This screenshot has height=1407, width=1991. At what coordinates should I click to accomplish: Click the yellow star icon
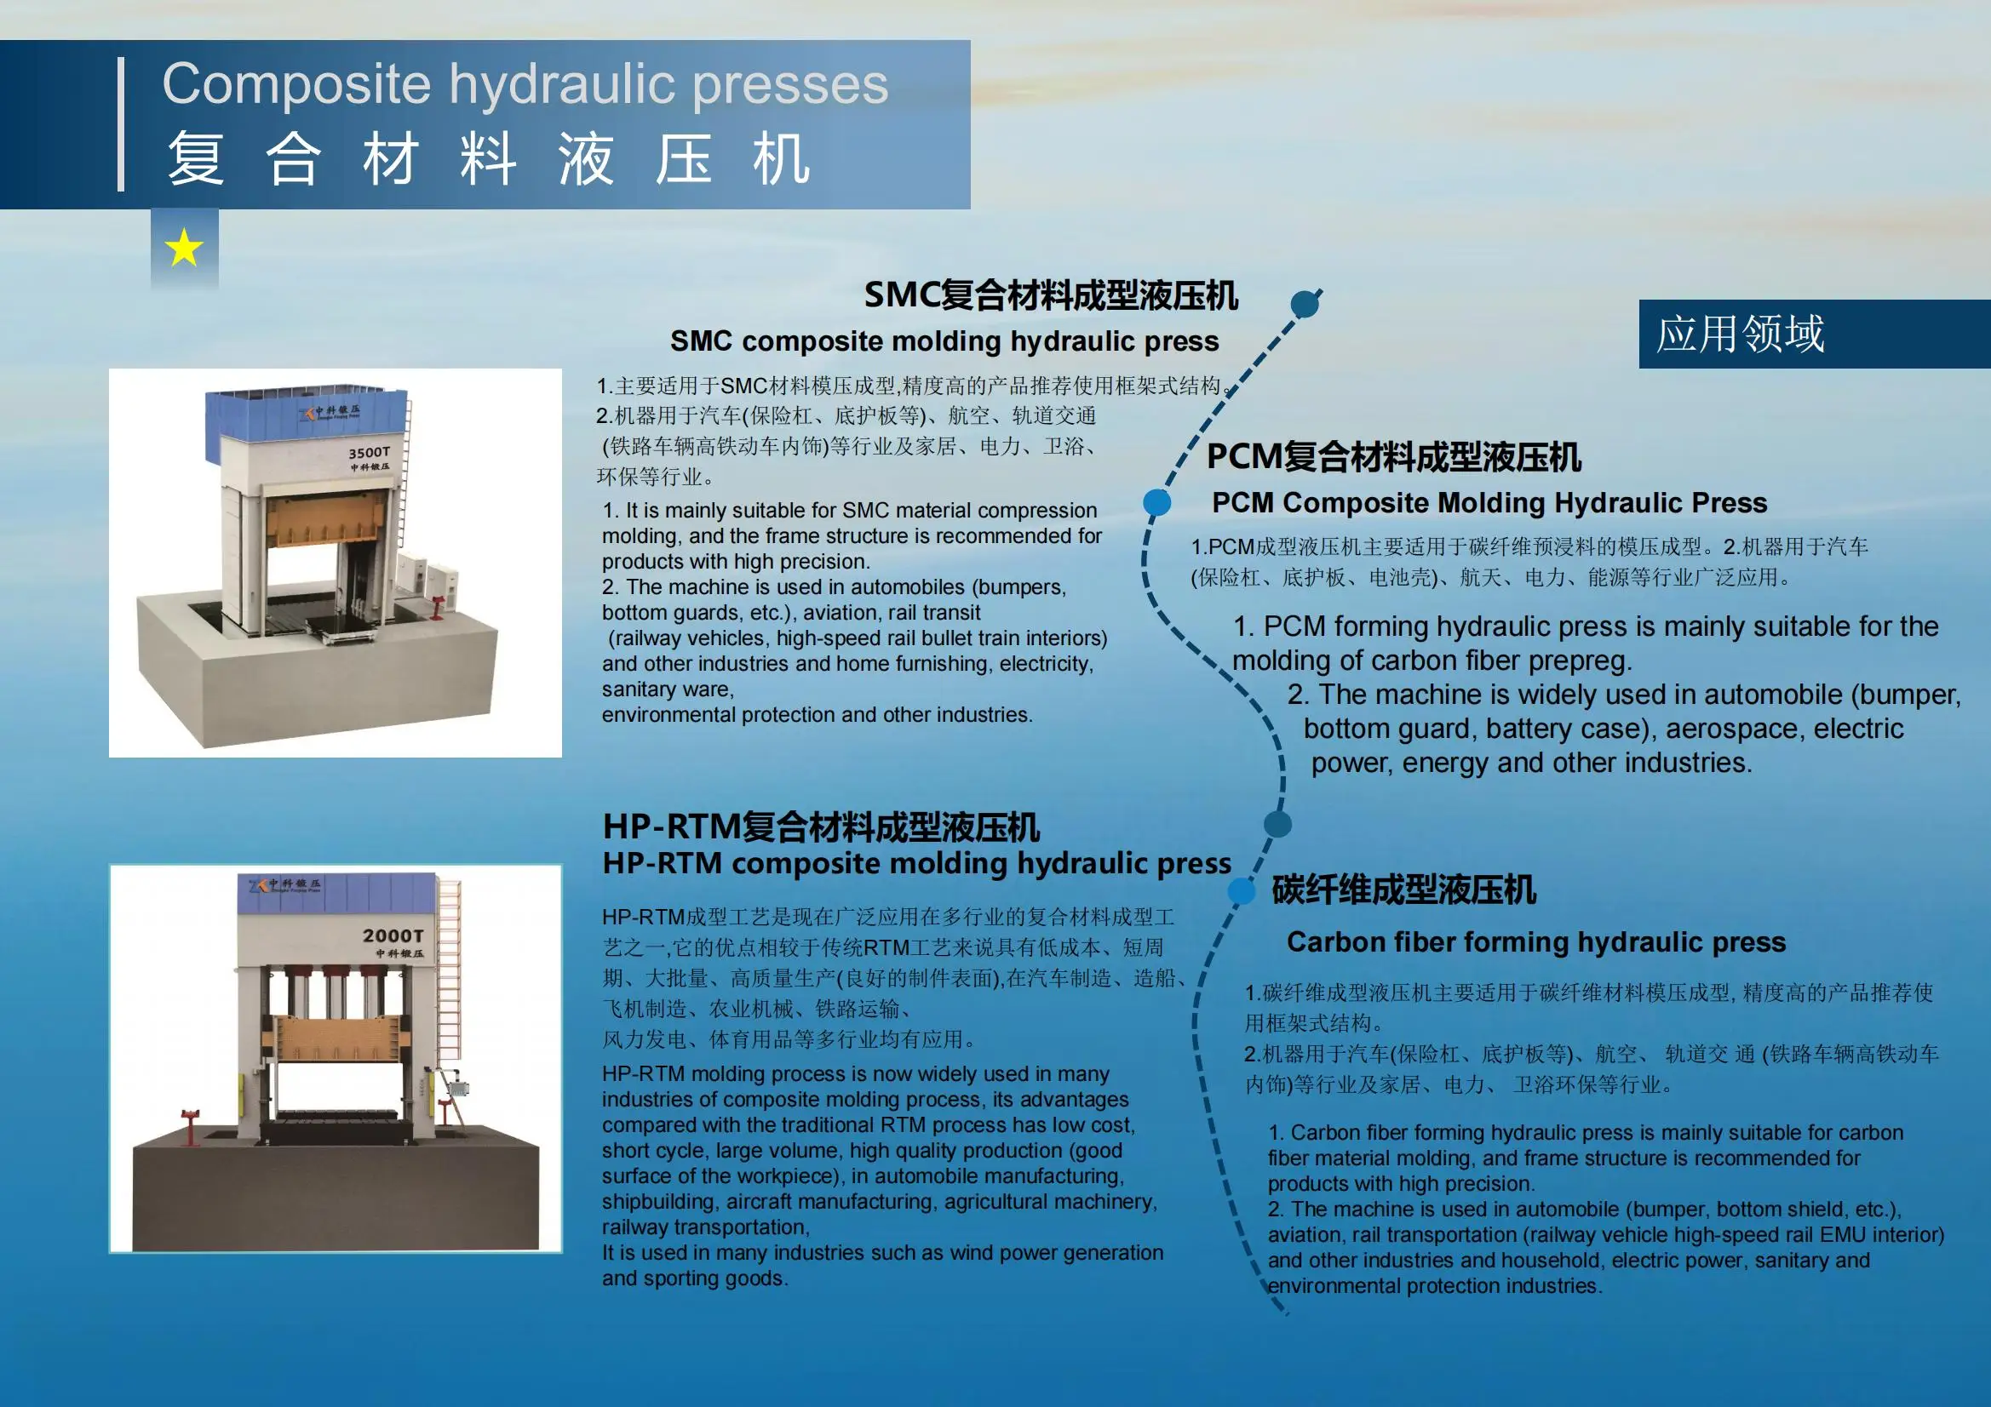point(184,249)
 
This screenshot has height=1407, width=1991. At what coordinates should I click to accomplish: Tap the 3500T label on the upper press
point(370,453)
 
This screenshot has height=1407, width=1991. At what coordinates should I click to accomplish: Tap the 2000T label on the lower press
point(393,935)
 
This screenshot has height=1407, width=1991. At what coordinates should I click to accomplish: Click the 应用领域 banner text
point(1740,334)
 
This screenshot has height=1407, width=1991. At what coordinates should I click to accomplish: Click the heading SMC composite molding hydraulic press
point(944,341)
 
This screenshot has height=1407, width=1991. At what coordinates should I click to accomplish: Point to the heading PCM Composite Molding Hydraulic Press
point(1489,503)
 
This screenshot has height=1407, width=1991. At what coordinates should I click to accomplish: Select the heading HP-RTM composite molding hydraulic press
point(915,863)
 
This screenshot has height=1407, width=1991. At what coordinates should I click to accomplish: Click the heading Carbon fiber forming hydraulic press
point(1535,942)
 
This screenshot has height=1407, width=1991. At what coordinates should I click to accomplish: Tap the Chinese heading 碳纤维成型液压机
point(1403,890)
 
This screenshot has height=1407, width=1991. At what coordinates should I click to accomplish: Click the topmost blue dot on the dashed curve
point(1305,303)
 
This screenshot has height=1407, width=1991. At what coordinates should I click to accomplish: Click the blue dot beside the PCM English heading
point(1156,502)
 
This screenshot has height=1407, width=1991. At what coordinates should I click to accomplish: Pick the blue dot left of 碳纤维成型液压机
point(1241,890)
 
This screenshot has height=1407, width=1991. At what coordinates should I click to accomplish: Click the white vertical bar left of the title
point(121,124)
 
